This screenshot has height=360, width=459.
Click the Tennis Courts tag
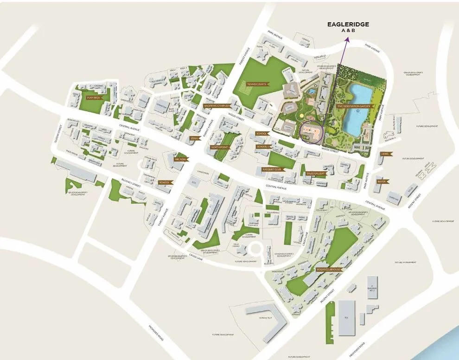(x=257, y=84)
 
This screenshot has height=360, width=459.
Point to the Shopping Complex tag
(x=217, y=106)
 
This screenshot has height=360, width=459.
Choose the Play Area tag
(x=95, y=97)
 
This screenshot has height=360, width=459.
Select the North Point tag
(x=221, y=147)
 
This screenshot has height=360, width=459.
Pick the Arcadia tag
(x=180, y=159)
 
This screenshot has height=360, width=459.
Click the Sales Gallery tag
(x=316, y=174)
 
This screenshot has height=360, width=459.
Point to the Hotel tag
(x=385, y=154)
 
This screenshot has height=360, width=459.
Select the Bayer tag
(x=382, y=181)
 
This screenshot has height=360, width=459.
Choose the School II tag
(x=263, y=147)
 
